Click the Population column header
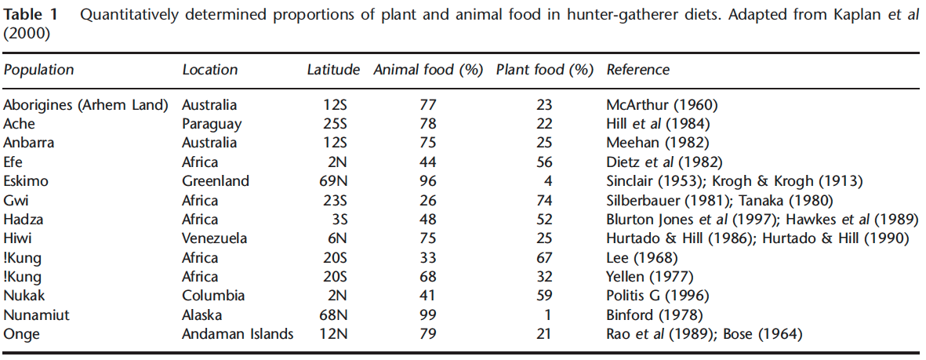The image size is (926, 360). [x=38, y=70]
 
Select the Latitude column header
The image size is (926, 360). [x=333, y=70]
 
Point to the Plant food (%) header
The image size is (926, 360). [x=545, y=70]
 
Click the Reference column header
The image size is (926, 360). [x=638, y=70]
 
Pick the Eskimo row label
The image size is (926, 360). [x=26, y=181]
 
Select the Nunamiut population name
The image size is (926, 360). [x=34, y=315]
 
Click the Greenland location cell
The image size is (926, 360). [x=216, y=181]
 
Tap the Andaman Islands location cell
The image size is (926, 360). [x=238, y=334]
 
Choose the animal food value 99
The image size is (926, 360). [x=427, y=315]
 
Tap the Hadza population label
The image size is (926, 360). [x=23, y=220]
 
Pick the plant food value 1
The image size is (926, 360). [x=548, y=315]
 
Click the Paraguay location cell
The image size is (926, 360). [x=212, y=124]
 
